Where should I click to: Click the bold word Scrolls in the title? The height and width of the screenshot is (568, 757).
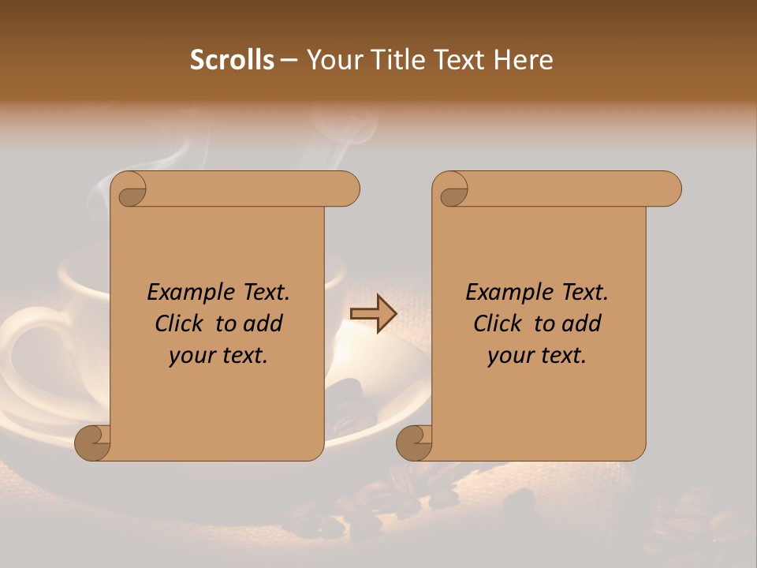point(232,60)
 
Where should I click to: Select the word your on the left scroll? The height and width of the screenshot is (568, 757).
point(191,356)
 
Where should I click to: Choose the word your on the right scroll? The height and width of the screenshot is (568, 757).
point(509,356)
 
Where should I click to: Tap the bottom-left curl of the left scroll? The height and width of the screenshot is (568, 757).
point(93,443)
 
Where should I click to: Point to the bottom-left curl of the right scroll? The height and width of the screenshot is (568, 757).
point(414,443)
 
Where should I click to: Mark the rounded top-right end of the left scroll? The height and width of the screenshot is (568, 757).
point(347,189)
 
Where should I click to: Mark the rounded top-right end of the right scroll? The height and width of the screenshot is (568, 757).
point(669,189)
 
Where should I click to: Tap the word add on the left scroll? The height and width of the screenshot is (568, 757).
point(264,323)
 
